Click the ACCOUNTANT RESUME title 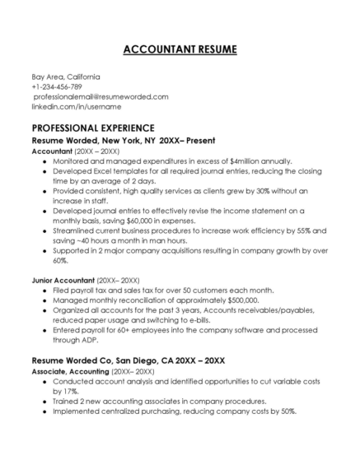[180, 49]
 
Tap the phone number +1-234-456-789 [57, 86]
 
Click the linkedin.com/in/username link [65, 106]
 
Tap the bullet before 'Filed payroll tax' [44, 291]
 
